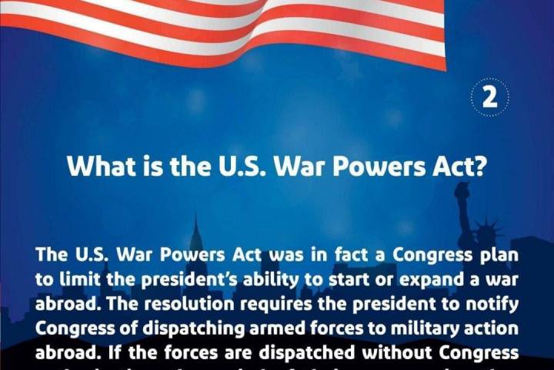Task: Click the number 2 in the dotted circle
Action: (489, 100)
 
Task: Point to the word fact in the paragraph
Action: (295, 254)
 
